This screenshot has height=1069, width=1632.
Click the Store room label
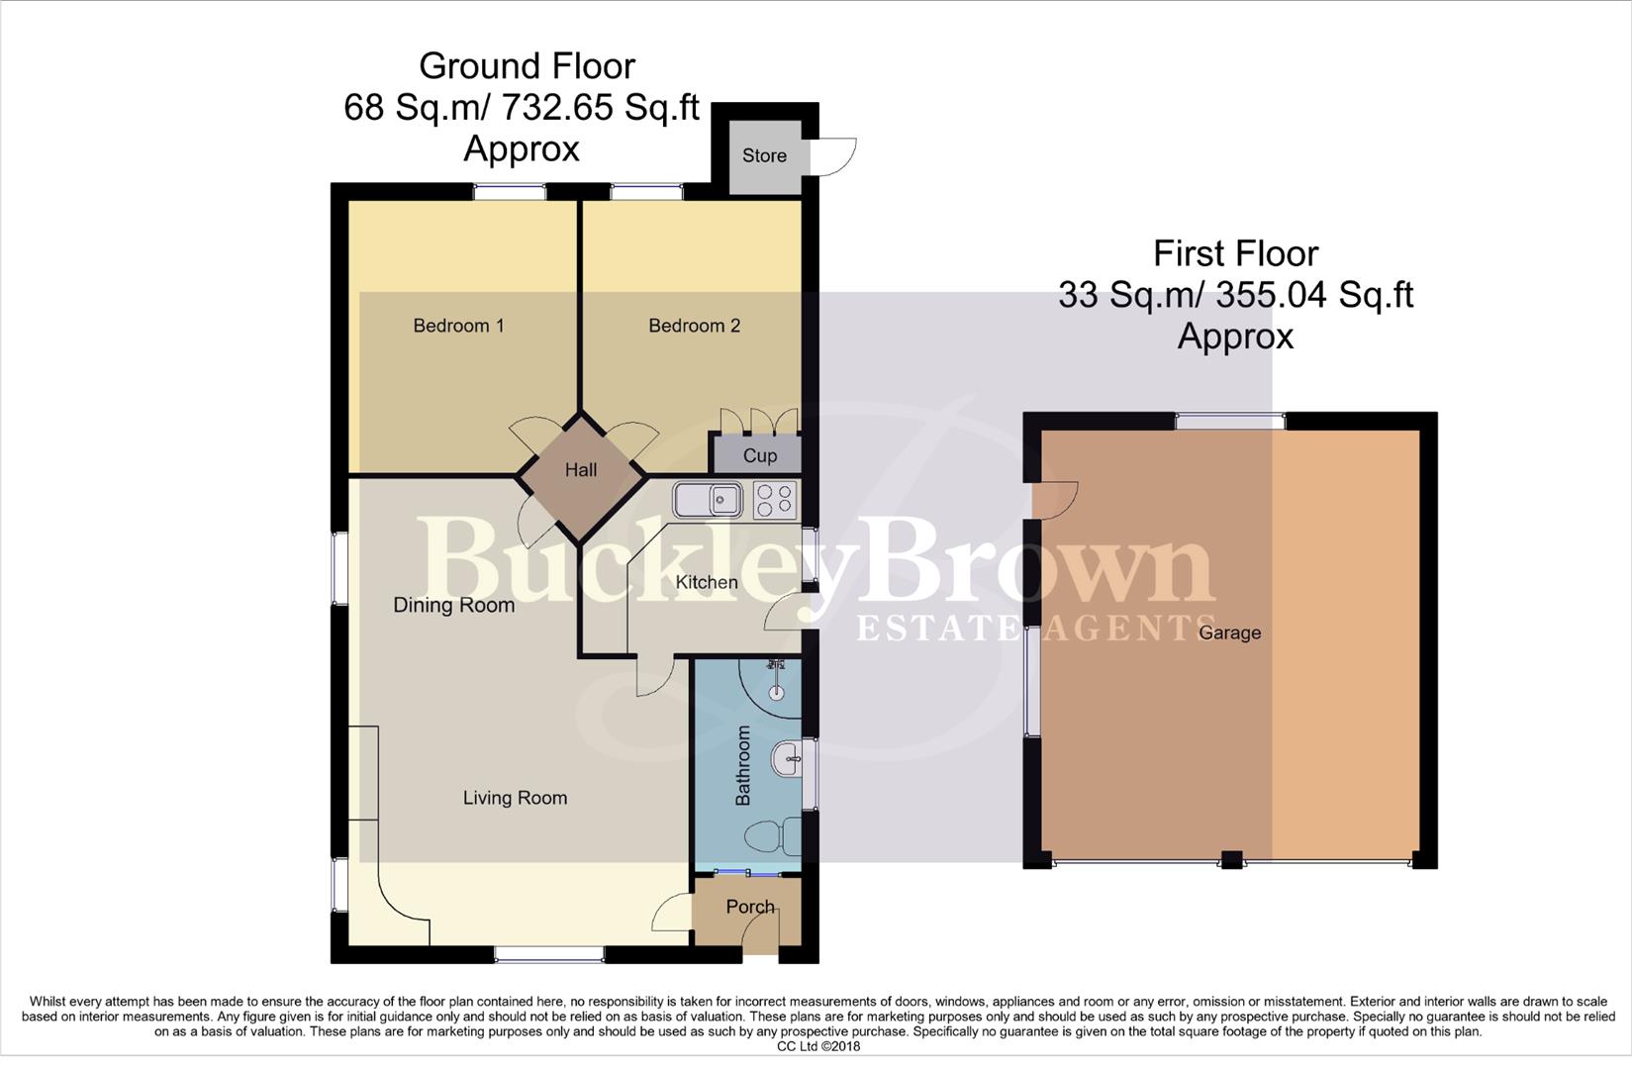[x=764, y=155]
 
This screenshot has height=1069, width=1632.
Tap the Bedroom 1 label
[x=458, y=326]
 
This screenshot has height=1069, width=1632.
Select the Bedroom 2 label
[x=694, y=326]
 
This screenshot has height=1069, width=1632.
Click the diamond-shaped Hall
[x=581, y=470]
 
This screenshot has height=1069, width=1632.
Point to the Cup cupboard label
[x=759, y=455]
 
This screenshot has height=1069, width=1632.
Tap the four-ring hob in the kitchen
[x=775, y=500]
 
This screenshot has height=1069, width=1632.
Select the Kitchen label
[x=707, y=582]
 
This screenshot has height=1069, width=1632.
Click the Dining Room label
[x=453, y=605]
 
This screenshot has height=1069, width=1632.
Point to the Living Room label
[x=515, y=798]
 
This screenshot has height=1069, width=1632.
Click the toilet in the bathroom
[x=773, y=837]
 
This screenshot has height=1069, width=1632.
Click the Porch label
[x=750, y=907]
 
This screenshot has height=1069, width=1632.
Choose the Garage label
[x=1229, y=632]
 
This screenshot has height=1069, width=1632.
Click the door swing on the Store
[x=836, y=156]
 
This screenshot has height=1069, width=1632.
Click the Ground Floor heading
[x=527, y=66]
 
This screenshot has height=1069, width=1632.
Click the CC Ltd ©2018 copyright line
[x=818, y=1046]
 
